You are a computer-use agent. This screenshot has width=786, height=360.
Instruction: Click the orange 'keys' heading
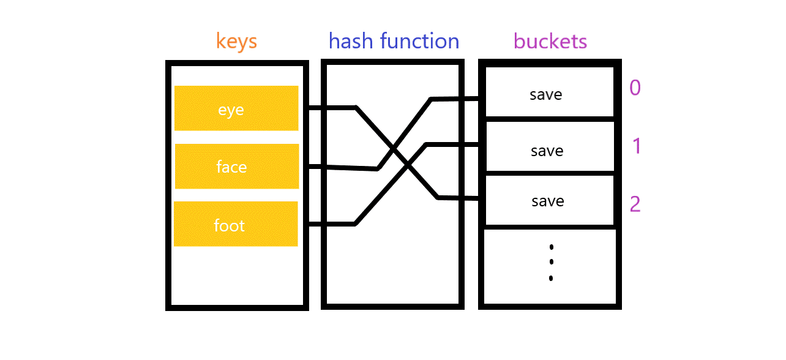(236, 42)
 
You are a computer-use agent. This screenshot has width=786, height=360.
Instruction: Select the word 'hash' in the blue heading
(351, 41)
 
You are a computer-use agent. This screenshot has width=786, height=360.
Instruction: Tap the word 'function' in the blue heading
(419, 41)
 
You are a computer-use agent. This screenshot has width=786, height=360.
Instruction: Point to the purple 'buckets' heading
(550, 42)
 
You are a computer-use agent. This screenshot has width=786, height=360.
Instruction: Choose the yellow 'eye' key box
(236, 108)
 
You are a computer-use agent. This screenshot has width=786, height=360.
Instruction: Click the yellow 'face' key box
(237, 167)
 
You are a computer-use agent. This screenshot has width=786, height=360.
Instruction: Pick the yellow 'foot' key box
(236, 224)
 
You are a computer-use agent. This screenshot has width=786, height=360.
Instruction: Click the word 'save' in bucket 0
(545, 95)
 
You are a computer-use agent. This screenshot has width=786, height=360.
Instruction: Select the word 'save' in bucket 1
(547, 151)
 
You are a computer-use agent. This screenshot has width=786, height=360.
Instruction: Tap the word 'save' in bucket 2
(547, 201)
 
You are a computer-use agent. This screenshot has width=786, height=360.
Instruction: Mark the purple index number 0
(635, 88)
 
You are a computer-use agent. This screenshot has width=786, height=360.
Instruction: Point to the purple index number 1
(636, 146)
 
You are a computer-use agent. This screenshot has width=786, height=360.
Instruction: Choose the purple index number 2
(635, 204)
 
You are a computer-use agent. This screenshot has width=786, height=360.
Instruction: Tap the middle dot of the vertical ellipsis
(551, 262)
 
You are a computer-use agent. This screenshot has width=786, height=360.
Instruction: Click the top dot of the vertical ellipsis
(551, 247)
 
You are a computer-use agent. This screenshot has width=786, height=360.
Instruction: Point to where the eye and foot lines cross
(408, 165)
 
